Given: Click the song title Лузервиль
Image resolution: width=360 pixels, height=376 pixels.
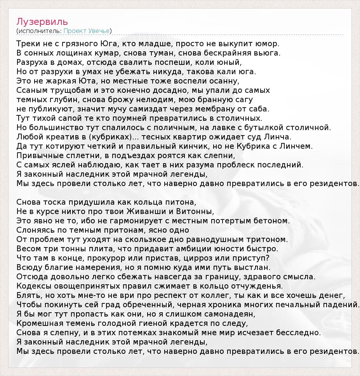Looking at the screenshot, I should [x=42, y=21].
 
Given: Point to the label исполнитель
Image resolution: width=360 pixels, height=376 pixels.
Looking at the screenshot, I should [x=38, y=31].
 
